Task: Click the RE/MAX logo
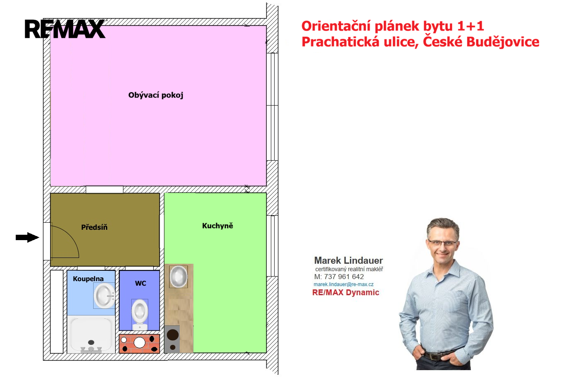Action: click(65, 29)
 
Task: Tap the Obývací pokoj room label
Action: click(156, 95)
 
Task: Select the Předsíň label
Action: click(94, 227)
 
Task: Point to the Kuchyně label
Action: click(217, 226)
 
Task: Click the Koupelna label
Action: click(88, 279)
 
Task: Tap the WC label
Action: click(140, 283)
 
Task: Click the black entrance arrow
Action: click(27, 237)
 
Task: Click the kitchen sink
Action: click(178, 277)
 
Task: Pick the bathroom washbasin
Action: click(104, 296)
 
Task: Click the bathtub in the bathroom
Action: click(91, 335)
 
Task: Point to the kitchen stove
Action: click(172, 339)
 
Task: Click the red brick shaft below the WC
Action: click(140, 344)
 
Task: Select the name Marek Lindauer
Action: click(349, 260)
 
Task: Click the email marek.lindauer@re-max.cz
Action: click(343, 284)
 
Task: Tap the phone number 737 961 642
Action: click(344, 277)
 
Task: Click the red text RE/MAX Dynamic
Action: click(346, 292)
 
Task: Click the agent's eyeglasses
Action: click(442, 243)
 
